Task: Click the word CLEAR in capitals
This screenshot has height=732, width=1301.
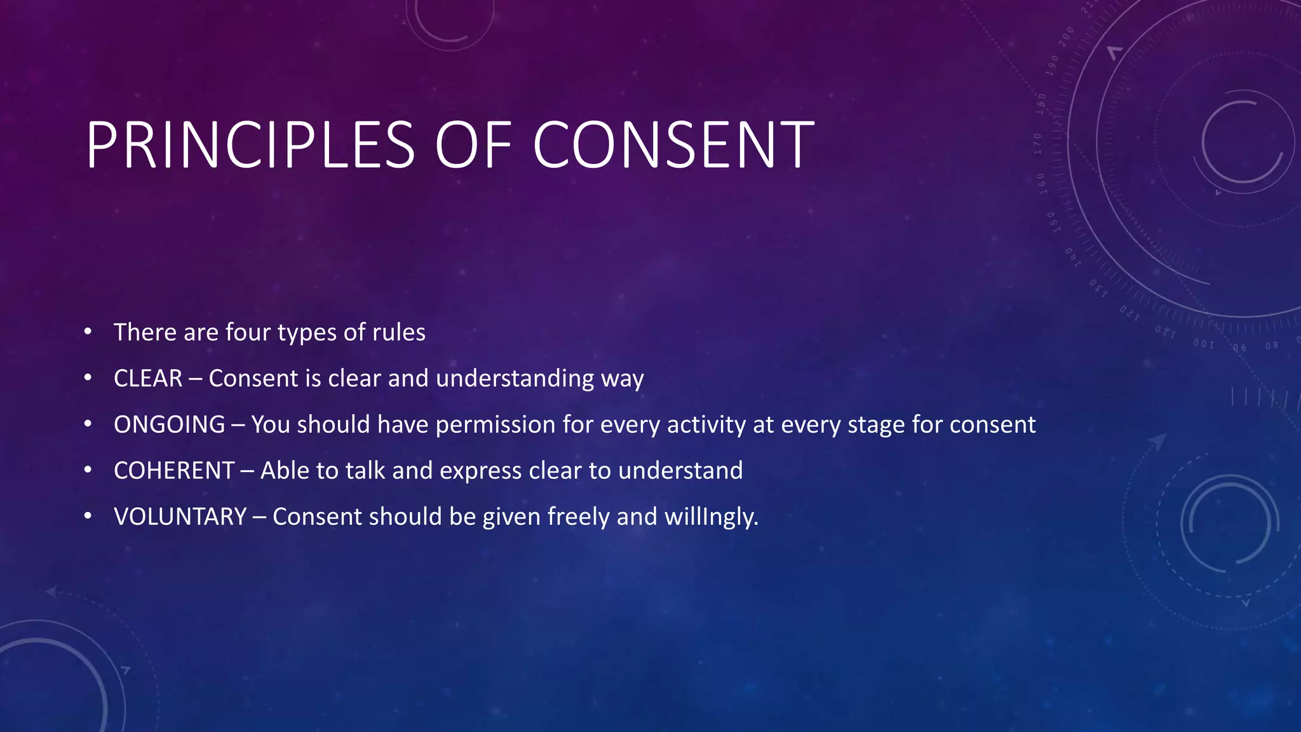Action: click(148, 379)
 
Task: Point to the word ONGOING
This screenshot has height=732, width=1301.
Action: click(169, 424)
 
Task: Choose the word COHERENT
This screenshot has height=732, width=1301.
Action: click(174, 471)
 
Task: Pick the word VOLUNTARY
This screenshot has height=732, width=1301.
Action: click(180, 517)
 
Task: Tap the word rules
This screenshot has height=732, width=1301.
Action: click(399, 332)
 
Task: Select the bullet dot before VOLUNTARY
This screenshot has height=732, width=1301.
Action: click(88, 516)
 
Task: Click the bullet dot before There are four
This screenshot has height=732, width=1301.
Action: click(88, 332)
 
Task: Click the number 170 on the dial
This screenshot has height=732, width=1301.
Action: click(1038, 144)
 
